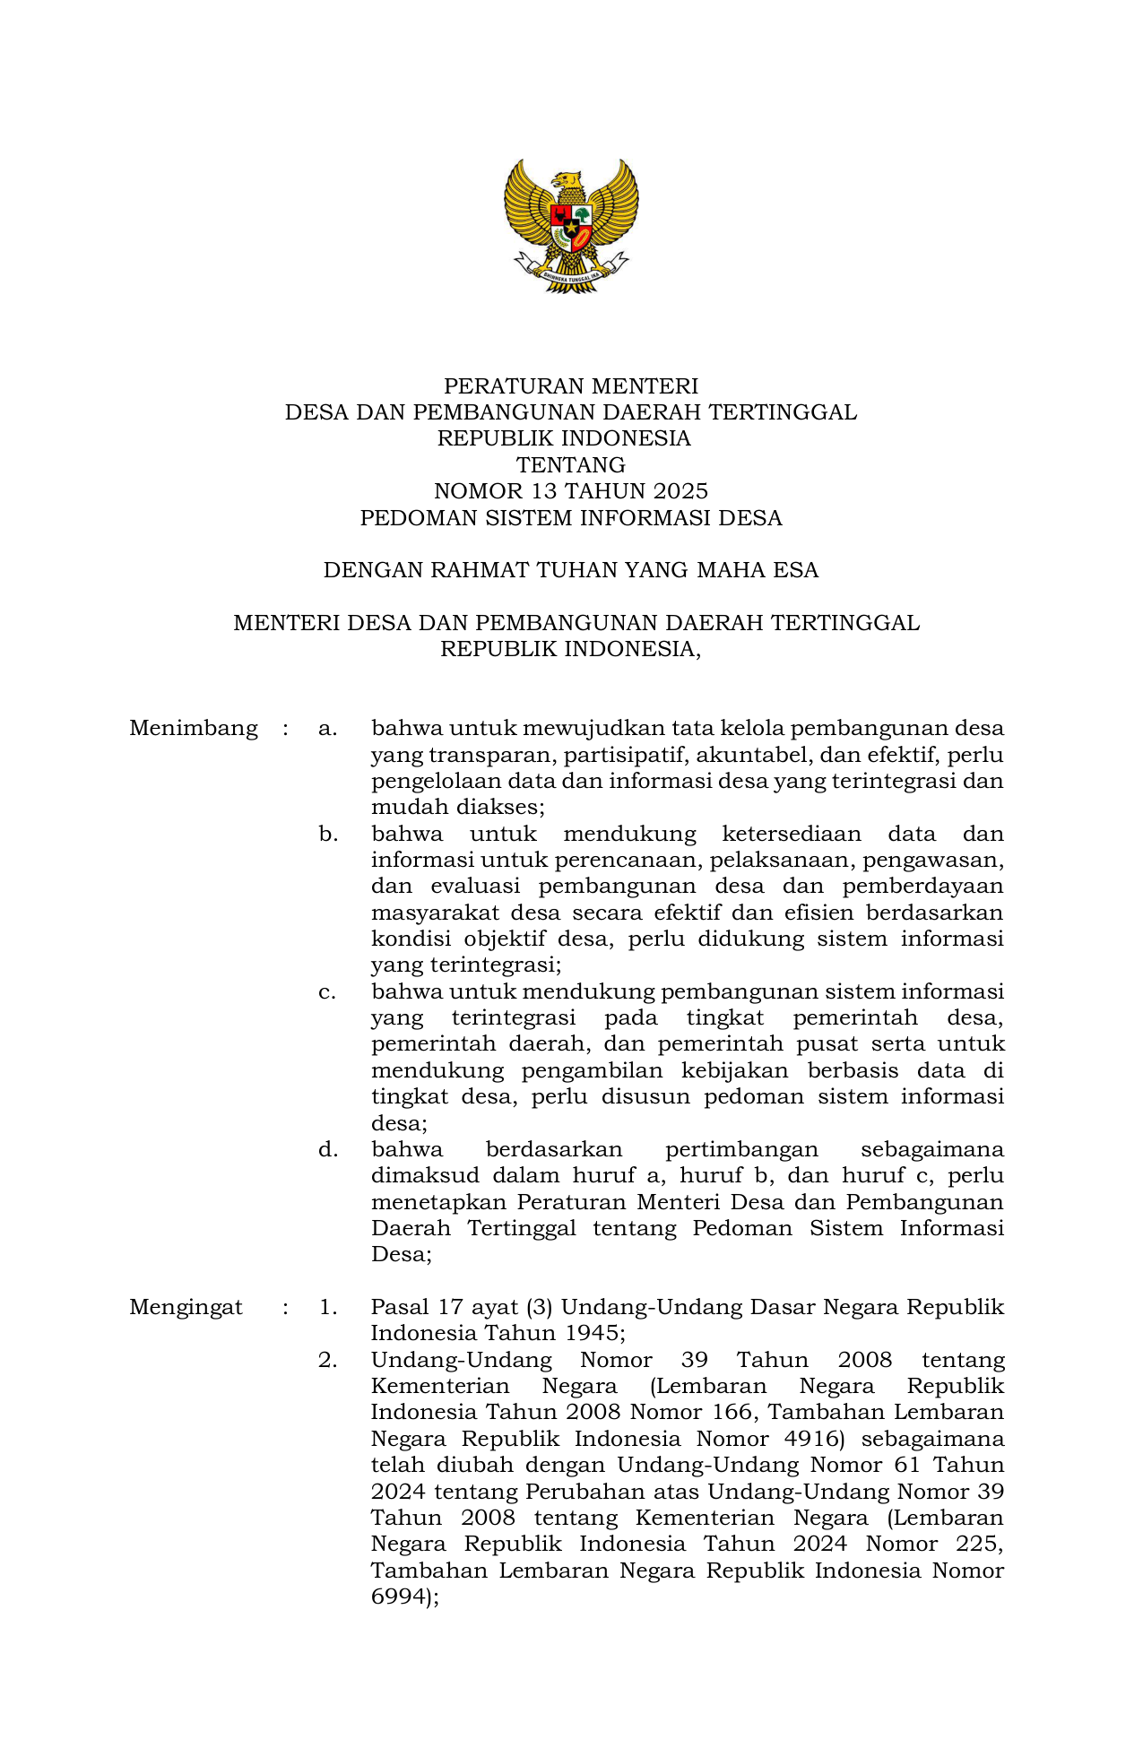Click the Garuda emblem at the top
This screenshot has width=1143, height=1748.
coord(571,226)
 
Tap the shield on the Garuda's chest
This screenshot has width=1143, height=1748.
coord(571,228)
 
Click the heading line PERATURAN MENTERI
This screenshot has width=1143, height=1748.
coord(571,386)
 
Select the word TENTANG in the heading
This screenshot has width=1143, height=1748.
coord(571,465)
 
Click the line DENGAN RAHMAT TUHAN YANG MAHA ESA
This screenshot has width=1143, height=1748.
coord(571,570)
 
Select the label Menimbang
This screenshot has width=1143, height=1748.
coord(194,728)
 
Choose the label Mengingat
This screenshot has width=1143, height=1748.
coord(186,1307)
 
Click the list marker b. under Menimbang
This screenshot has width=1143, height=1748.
coord(328,834)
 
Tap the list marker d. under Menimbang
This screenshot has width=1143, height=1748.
coord(328,1149)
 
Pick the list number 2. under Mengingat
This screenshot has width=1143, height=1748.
coord(328,1360)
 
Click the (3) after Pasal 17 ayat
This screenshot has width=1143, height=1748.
coord(540,1307)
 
